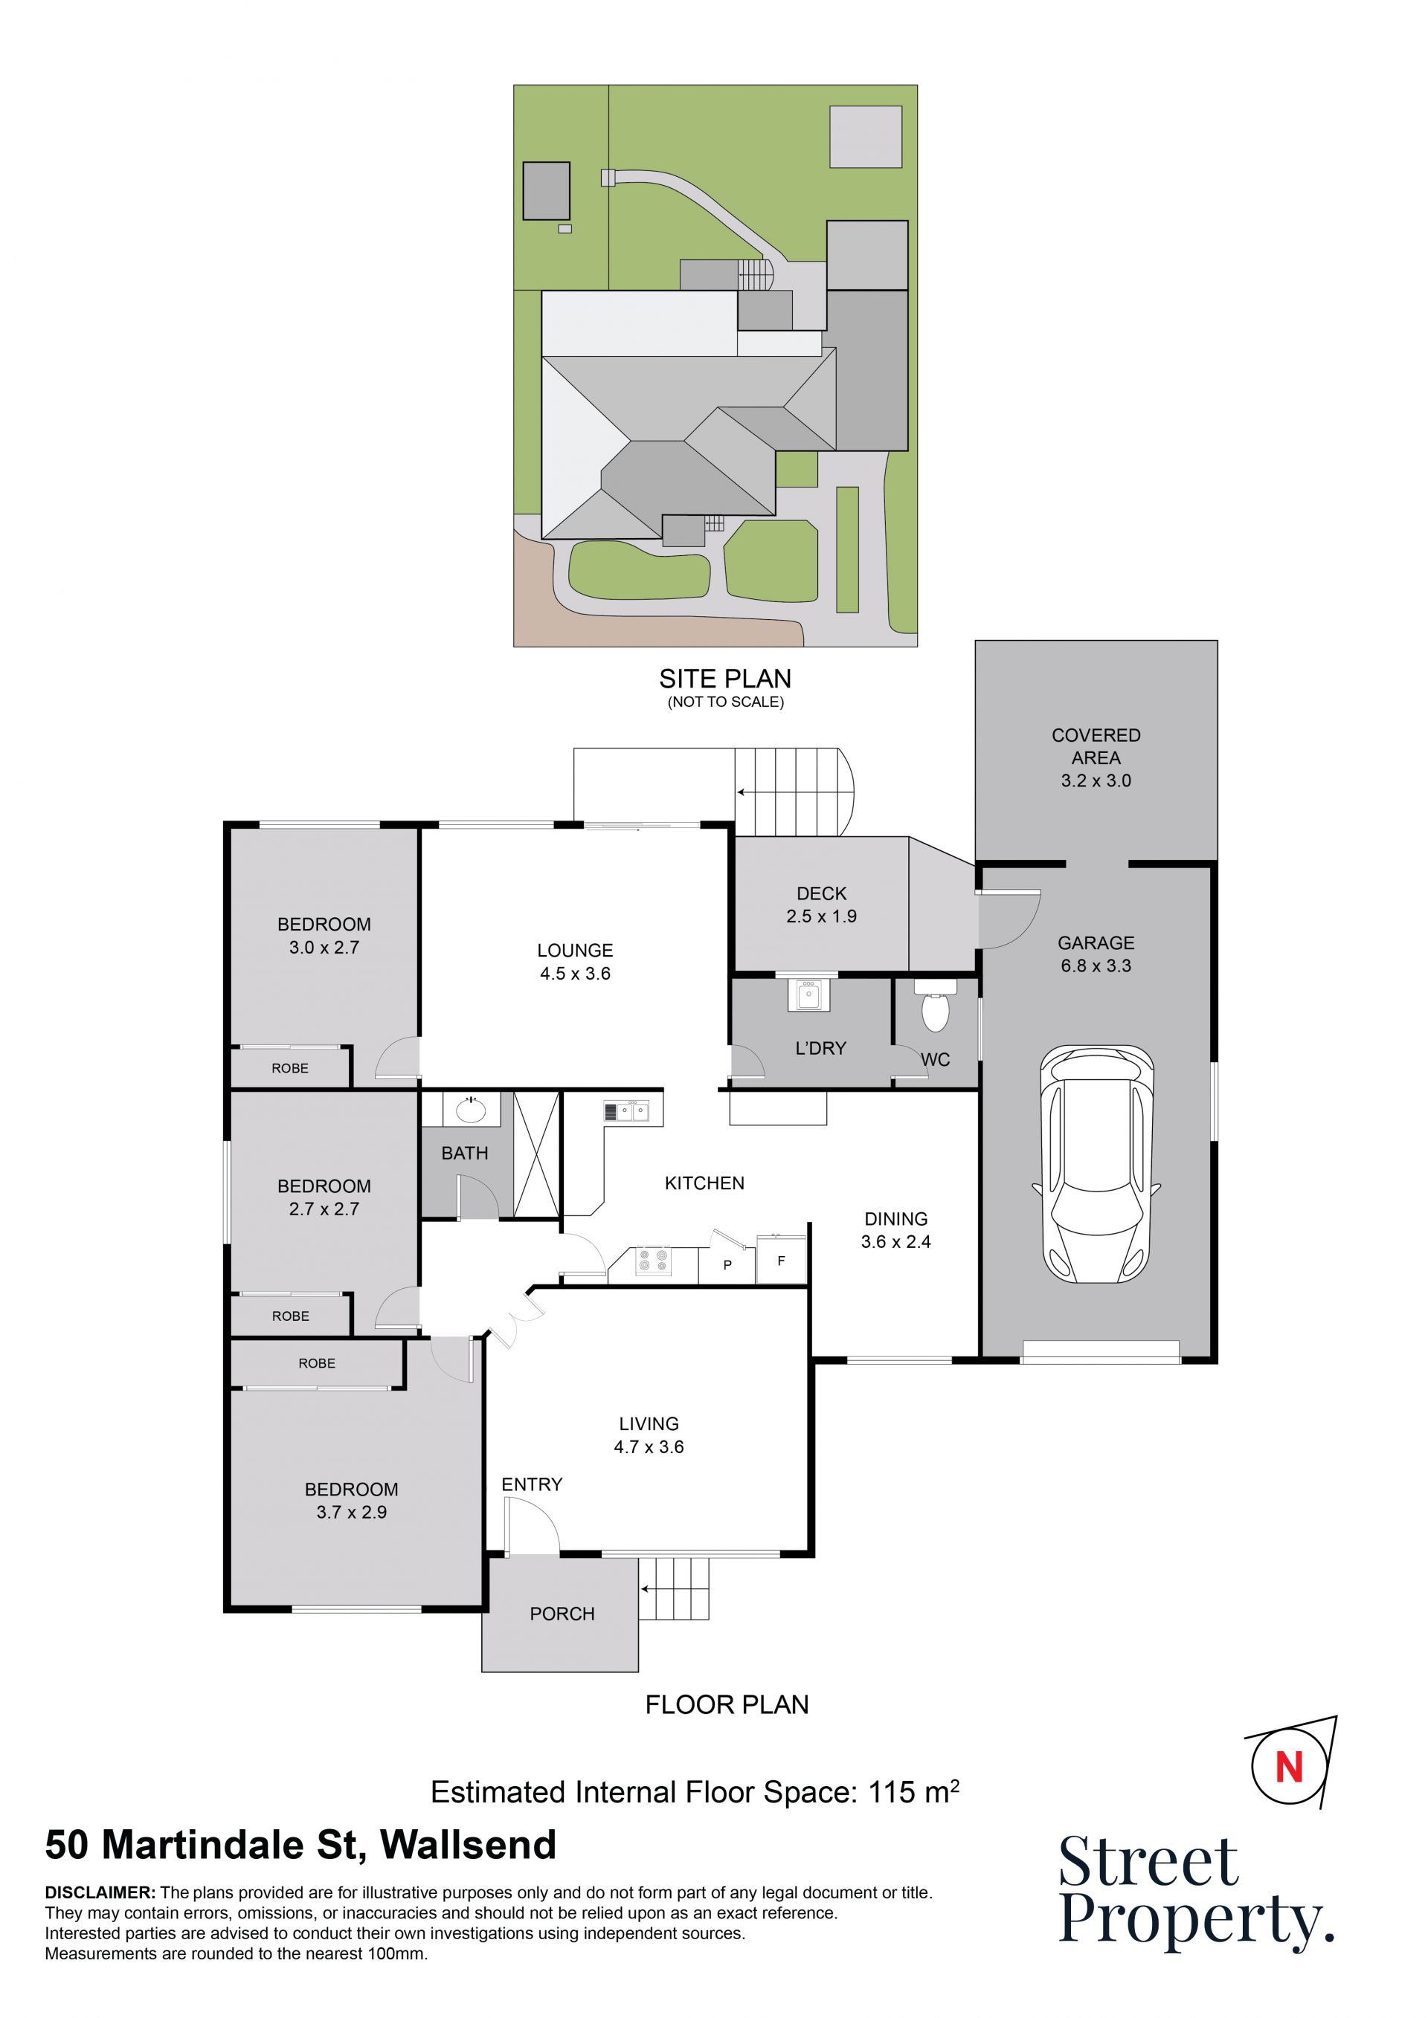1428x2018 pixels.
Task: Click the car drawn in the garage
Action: point(1096,1164)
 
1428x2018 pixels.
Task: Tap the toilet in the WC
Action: point(935,1006)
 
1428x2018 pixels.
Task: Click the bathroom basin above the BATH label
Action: point(472,1110)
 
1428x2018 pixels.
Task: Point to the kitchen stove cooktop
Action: point(652,1261)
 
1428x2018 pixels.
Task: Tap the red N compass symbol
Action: point(1288,1767)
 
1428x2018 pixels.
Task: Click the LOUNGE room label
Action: point(575,950)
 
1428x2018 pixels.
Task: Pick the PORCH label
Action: point(562,1614)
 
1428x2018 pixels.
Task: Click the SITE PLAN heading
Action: point(725,679)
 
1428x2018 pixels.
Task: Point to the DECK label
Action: point(821,893)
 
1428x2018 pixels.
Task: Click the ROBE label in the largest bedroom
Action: point(317,1363)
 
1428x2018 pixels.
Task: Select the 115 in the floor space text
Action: point(892,1791)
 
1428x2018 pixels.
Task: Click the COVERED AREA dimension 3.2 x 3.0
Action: point(1096,780)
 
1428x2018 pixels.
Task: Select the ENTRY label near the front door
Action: point(532,1484)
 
